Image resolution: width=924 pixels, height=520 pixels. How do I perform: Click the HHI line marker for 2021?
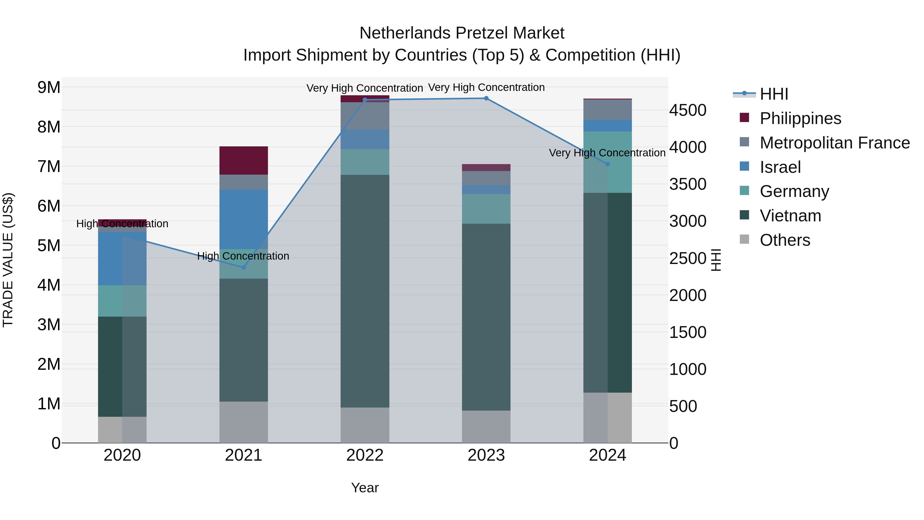243,267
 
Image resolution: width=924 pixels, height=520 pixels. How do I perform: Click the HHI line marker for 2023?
486,98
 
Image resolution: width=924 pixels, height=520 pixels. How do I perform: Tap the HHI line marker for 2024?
607,164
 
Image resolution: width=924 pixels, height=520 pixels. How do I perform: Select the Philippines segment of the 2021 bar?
244,160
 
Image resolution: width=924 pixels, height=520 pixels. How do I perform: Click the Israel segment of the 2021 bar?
244,219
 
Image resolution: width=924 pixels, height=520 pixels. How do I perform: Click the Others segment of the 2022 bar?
365,425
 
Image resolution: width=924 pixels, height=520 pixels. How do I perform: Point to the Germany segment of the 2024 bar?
607,162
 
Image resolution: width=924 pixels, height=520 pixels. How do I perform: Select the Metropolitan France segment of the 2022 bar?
365,116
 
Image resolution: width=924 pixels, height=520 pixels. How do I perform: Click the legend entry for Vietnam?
790,216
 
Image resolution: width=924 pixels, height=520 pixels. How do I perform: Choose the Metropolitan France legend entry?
834,143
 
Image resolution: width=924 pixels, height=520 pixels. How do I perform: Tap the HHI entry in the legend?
774,94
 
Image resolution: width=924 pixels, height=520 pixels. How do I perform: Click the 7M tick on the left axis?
49,166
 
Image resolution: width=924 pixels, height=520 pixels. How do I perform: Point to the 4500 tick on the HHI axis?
687,110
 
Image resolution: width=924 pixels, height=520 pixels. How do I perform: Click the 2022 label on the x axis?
365,455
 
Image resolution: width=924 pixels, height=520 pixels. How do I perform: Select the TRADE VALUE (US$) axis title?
8,260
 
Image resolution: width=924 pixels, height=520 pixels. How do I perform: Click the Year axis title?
365,488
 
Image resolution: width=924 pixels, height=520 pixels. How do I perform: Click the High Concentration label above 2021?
243,256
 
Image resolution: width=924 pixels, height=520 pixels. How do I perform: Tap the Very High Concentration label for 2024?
607,153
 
